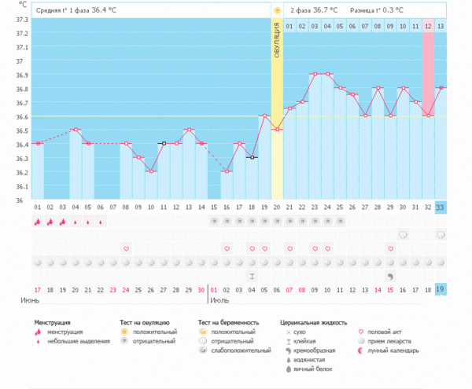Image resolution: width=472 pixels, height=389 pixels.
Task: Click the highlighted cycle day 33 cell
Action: tap(441, 207)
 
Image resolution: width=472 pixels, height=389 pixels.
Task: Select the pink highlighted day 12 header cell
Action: tap(428, 26)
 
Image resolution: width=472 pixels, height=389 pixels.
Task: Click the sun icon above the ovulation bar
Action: tap(277, 9)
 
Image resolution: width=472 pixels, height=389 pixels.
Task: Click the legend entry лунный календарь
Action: tap(393, 350)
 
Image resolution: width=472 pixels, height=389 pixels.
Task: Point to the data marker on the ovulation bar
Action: tap(277, 130)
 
